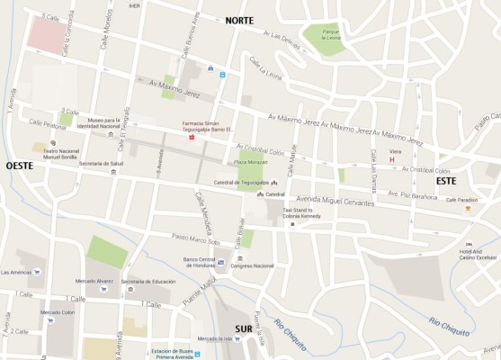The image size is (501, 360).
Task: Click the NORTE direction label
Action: tap(239, 20)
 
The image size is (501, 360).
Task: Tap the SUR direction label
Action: tap(244, 328)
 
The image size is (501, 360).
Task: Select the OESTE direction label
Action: tap(21, 166)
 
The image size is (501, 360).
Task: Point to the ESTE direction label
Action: tap(446, 181)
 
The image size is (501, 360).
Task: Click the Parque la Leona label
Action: tap(327, 35)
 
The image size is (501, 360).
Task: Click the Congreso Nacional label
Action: tap(252, 265)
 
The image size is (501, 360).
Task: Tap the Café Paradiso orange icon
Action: tap(468, 209)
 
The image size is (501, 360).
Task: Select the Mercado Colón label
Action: tap(57, 312)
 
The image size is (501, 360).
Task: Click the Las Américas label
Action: tap(16, 271)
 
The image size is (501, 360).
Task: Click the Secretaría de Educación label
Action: tap(148, 282)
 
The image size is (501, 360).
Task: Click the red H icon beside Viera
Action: tap(391, 160)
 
